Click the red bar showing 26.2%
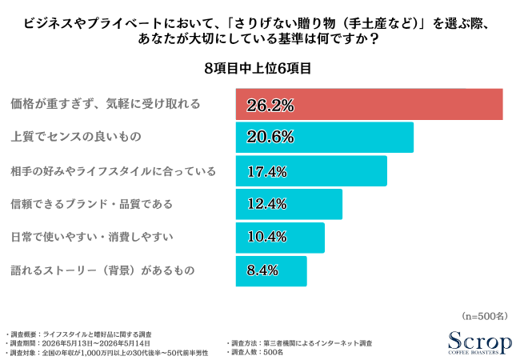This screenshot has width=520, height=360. (369, 104)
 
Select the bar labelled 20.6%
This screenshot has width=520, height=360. (325, 138)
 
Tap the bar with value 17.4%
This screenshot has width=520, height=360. (311, 170)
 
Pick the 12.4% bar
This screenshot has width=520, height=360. (289, 204)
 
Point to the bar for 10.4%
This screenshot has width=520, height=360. (280, 238)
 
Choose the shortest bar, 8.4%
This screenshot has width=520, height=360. (271, 271)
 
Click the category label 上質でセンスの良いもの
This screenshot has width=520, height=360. (76, 137)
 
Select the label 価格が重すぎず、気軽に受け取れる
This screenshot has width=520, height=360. (106, 104)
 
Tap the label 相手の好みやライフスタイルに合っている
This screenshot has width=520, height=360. (114, 171)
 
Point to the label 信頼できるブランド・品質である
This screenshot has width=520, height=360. (92, 204)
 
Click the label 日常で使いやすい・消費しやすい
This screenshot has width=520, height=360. (92, 237)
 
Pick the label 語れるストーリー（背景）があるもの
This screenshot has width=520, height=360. (103, 270)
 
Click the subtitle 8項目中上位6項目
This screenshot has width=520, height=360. (258, 68)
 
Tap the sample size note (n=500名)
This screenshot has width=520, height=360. (485, 316)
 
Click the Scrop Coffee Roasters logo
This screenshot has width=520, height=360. (479, 342)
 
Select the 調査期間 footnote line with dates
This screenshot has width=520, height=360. (79, 343)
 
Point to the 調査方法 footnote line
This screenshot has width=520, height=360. (299, 343)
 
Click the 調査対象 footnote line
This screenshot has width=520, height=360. (107, 353)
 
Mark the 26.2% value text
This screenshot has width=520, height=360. (270, 106)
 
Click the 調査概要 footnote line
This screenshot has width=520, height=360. (79, 334)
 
